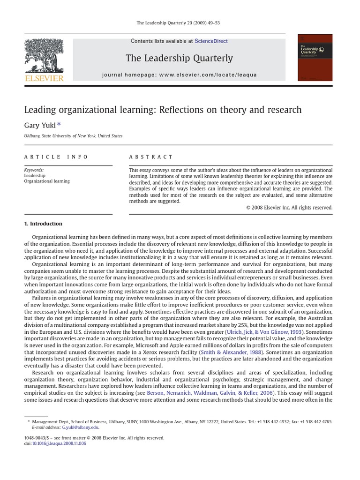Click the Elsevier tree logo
[44, 55]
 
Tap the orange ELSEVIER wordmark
[44, 78]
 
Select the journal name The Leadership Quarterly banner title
[179, 58]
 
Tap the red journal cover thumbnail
[315, 57]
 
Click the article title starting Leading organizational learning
[163, 110]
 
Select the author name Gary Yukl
[39, 125]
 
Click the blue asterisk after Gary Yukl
[59, 125]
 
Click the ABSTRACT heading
[151, 157]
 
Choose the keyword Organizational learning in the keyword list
[47, 181]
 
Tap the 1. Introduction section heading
[43, 224]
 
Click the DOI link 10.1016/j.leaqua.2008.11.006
[59, 443]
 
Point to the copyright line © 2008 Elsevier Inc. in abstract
[289, 208]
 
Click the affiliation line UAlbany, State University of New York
[73, 136]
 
